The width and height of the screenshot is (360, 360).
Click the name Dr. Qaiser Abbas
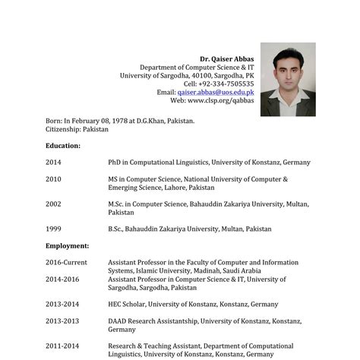226,58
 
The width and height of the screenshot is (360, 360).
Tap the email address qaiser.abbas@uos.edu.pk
216,92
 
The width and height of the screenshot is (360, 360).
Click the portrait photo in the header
288,79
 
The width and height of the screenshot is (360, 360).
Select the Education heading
63,145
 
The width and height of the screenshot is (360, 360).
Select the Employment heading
67,246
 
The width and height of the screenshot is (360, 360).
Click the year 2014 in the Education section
53,163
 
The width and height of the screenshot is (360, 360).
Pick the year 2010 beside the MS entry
53,179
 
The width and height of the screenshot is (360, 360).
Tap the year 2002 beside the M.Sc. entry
53,204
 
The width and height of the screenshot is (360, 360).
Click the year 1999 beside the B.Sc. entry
53,229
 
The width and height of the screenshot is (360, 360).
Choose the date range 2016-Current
66,263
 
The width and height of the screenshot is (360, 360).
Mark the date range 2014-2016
62,279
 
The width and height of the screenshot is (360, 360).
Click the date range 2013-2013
62,321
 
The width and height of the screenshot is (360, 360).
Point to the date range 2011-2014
62,346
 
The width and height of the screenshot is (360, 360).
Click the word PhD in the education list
115,163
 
